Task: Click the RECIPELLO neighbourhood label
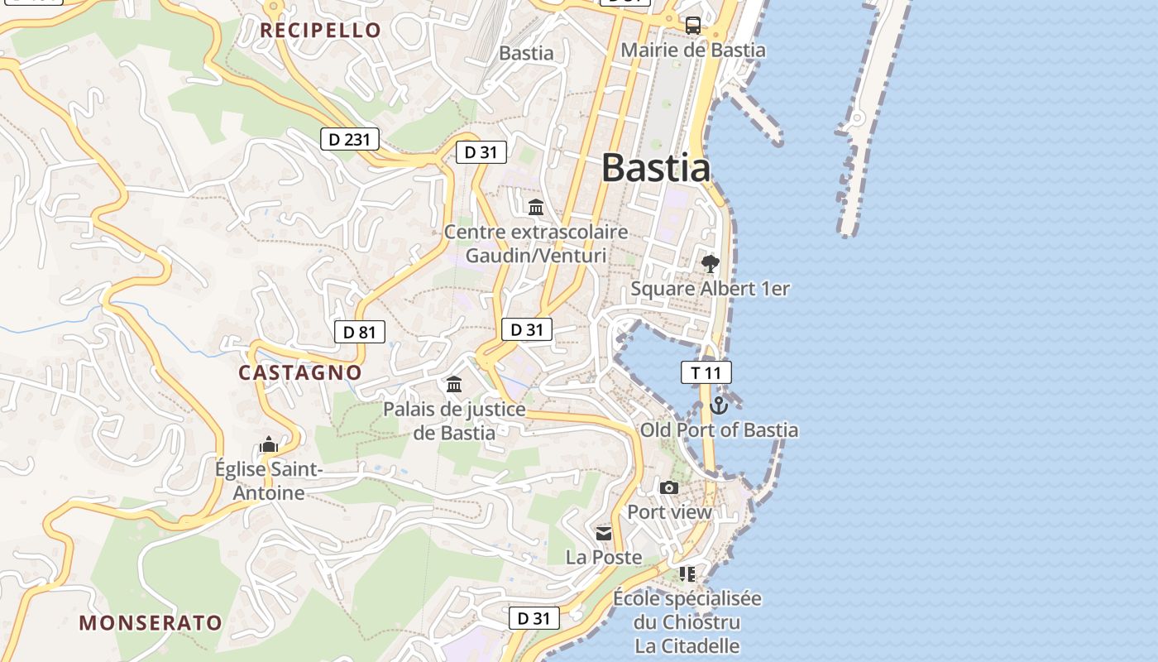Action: [320, 31]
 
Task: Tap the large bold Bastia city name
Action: [655, 168]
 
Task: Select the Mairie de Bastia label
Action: [693, 50]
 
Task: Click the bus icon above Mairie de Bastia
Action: [693, 25]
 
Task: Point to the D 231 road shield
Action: [349, 139]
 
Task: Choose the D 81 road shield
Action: [360, 333]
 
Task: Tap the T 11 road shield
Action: [706, 373]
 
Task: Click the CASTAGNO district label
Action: [300, 373]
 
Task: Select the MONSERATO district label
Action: [151, 623]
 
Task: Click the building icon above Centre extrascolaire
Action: [536, 207]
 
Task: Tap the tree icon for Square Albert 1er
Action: [710, 264]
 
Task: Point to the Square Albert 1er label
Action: [710, 289]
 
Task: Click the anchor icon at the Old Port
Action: [718, 405]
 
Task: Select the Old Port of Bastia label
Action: [719, 430]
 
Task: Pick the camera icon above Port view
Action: [669, 488]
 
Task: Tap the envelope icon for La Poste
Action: [604, 534]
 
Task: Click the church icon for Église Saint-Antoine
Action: [268, 445]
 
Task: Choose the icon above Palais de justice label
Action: [454, 385]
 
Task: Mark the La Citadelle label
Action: [687, 645]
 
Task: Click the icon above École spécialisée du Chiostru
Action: [687, 573]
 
